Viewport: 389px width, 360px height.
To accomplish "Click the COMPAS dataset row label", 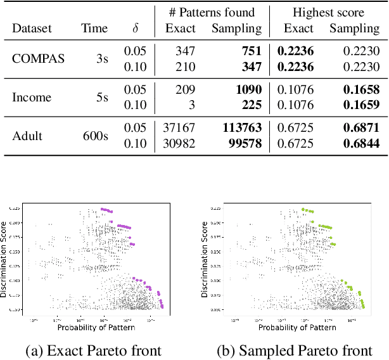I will point(39,58).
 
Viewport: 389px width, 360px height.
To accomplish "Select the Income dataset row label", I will point(31,97).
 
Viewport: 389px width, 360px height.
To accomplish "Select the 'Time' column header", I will point(94,28).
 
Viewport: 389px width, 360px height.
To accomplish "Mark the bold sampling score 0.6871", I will point(361,128).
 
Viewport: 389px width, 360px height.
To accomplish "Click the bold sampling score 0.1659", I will point(361,105).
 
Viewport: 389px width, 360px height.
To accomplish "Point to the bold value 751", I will point(250,51).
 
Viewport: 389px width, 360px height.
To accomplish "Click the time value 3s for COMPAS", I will point(101,58).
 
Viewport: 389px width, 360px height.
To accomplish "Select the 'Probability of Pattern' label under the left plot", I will point(96,327).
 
